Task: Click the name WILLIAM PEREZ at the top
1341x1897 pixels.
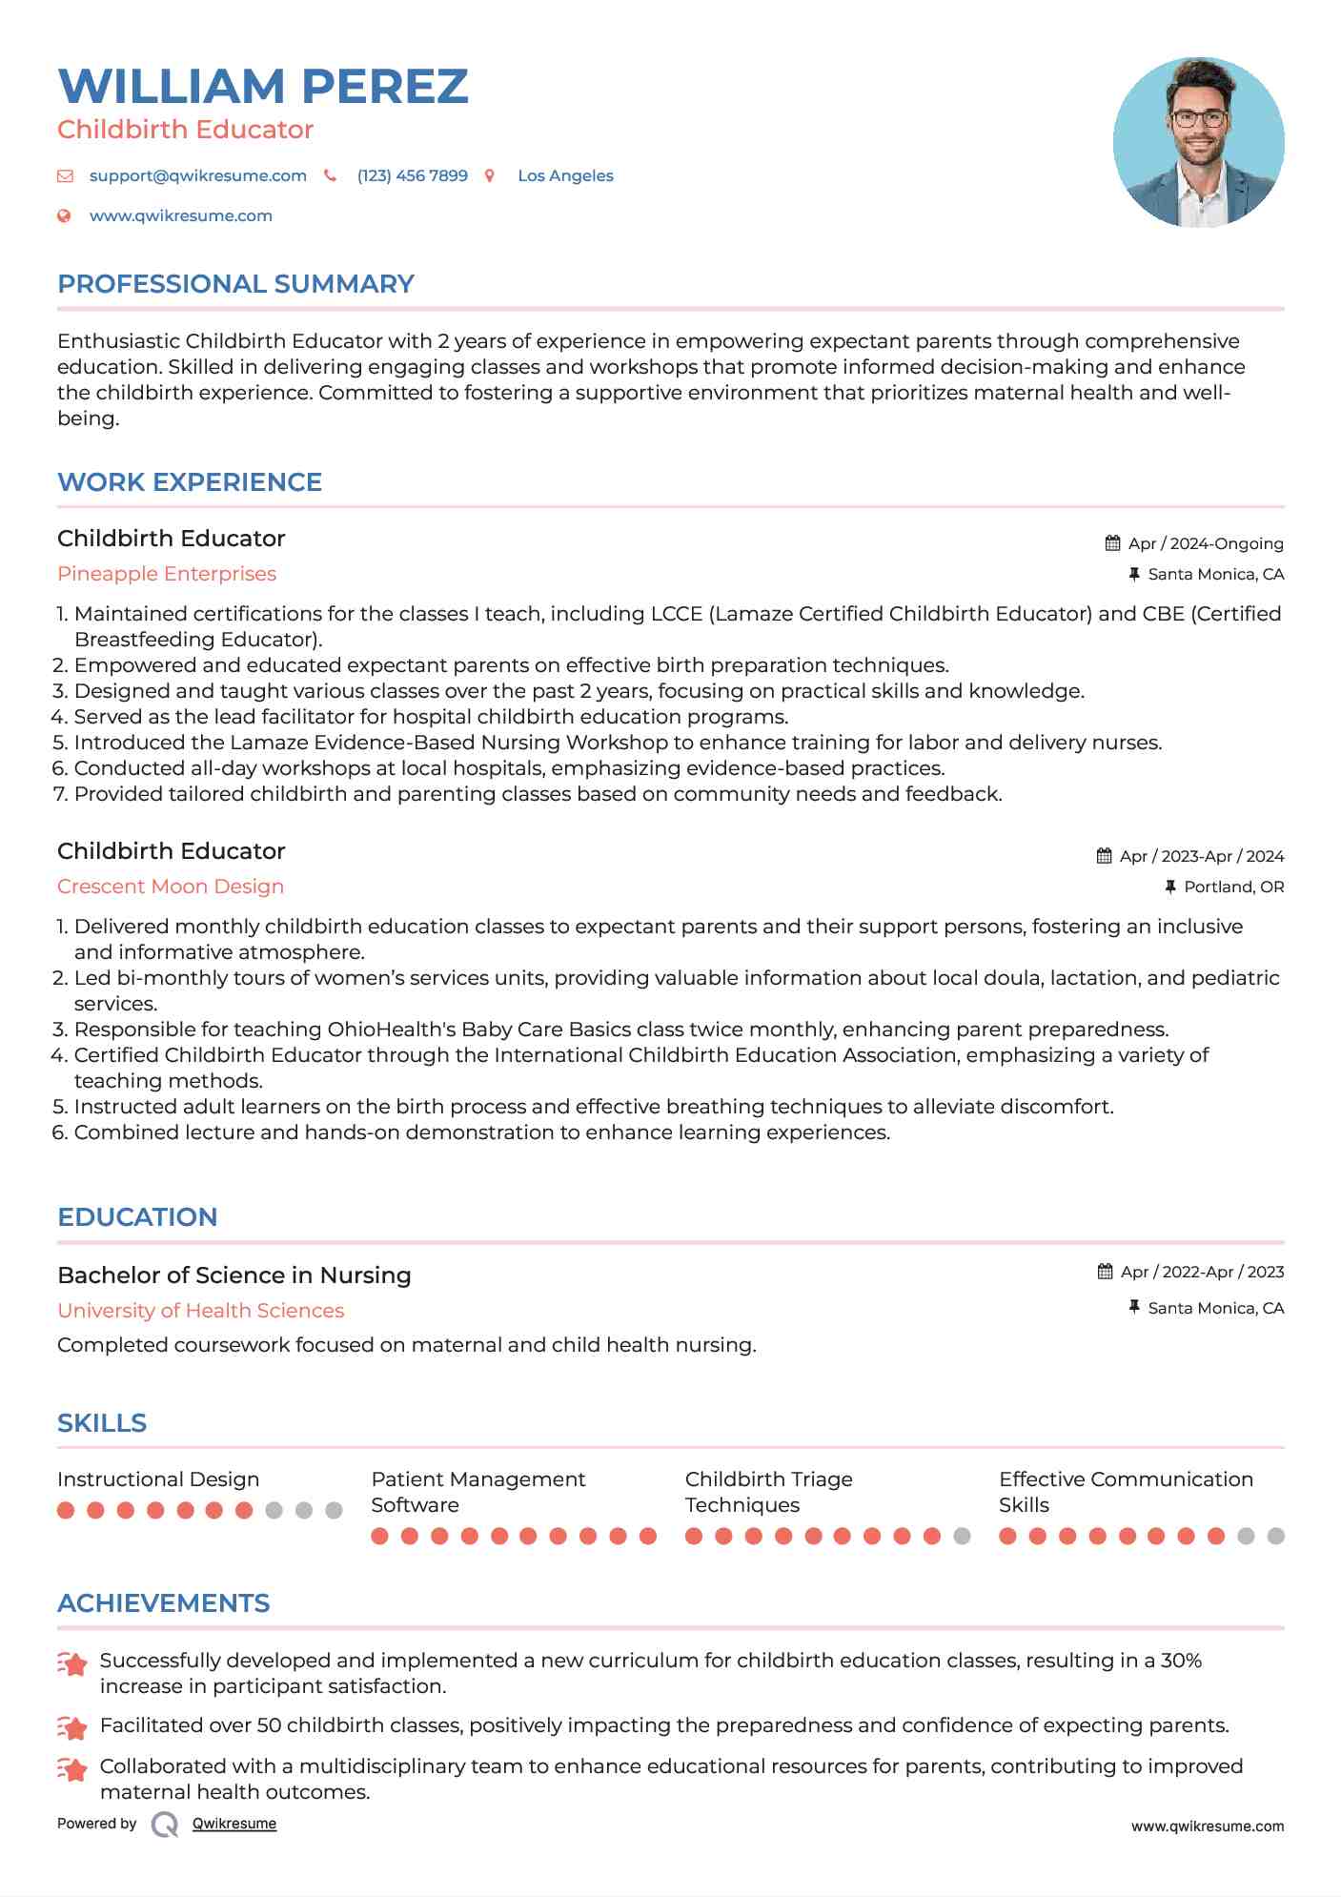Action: click(263, 87)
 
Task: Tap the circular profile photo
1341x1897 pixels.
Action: click(1198, 142)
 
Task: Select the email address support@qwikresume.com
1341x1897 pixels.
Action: click(197, 175)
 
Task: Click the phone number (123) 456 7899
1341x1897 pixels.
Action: click(412, 175)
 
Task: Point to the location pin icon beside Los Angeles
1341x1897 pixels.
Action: click(490, 175)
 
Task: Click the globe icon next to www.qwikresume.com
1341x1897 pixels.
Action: click(64, 215)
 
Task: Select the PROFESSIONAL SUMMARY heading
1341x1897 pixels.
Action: click(235, 284)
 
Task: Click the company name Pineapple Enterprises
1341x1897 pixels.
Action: click(167, 574)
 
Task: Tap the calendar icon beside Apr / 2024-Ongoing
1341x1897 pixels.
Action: click(1112, 543)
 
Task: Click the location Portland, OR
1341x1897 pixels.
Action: click(1233, 887)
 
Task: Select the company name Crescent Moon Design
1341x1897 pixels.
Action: click(171, 887)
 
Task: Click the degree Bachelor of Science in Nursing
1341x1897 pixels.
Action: click(234, 1275)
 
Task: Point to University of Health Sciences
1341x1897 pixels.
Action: click(200, 1311)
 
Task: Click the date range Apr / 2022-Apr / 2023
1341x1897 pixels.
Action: click(1202, 1272)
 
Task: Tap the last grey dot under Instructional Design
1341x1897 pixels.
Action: click(334, 1510)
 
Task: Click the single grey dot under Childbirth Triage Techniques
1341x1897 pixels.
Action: click(962, 1536)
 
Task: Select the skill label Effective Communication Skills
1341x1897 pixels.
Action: click(1126, 1492)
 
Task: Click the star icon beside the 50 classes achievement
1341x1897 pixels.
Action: click(72, 1726)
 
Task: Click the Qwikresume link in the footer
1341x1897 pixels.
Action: click(234, 1824)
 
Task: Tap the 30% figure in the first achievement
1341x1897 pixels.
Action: click(1181, 1661)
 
